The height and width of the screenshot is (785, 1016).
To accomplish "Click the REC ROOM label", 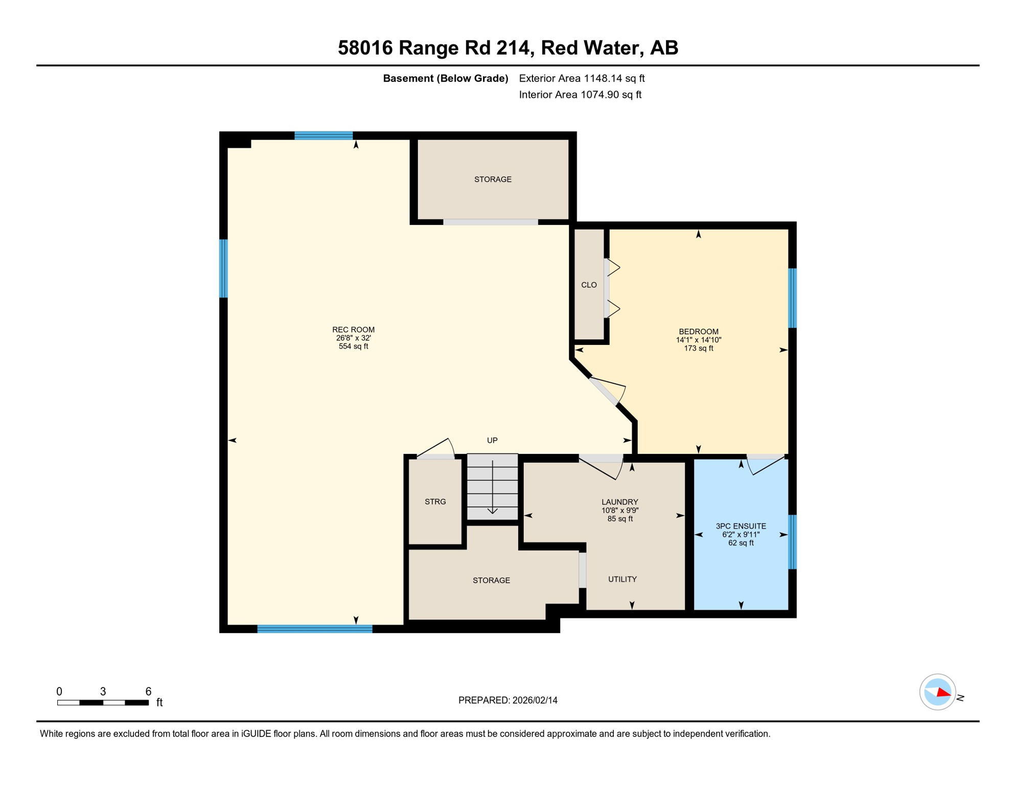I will click(x=353, y=330).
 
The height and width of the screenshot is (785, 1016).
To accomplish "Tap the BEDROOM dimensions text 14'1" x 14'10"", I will click(x=698, y=340).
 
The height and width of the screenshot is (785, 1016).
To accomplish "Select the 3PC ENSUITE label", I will click(x=741, y=526).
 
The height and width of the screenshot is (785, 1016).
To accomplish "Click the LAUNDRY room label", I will click(x=619, y=502).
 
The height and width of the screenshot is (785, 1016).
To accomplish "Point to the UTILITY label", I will click(x=622, y=579).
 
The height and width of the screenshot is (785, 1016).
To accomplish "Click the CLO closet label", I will click(x=589, y=285).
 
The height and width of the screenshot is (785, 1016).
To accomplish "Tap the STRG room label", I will click(x=435, y=501).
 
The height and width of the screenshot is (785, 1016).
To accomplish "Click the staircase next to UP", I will click(x=492, y=487).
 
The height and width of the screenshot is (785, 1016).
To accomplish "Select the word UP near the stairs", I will click(x=492, y=440).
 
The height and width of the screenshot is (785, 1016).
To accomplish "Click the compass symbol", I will click(x=937, y=692).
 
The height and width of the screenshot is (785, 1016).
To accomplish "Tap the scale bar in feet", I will click(x=103, y=703).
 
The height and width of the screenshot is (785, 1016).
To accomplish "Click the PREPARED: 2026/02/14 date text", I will click(x=507, y=700).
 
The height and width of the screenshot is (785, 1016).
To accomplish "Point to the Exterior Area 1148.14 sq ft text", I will click(x=582, y=78).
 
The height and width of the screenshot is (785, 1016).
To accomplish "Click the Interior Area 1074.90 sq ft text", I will click(x=580, y=95).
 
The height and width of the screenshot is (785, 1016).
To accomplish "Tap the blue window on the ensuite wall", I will click(x=792, y=542).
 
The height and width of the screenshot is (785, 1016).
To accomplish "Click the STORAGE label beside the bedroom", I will click(x=492, y=179).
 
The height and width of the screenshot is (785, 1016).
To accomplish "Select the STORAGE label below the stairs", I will click(x=491, y=580).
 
